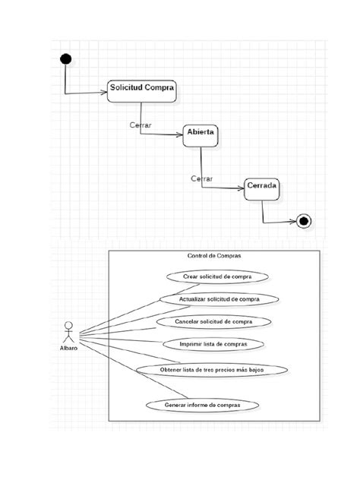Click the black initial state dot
(66, 59)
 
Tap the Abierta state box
(201, 134)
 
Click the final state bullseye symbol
(304, 221)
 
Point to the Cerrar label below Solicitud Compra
(140, 124)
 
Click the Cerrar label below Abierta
(201, 178)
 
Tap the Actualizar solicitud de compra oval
(219, 299)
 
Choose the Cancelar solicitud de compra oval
(213, 321)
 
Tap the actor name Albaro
(69, 349)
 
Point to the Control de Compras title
(213, 256)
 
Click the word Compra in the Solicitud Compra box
(159, 87)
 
